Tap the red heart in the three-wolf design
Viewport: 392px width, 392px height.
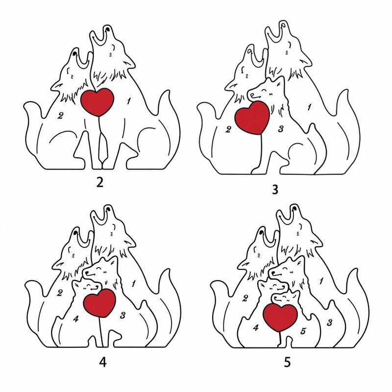coord(252,117)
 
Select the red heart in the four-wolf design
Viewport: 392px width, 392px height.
coord(99,303)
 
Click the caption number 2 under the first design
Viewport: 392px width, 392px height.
coord(100,183)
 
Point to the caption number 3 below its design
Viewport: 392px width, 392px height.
coord(275,190)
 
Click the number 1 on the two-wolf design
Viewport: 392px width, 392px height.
coord(128,101)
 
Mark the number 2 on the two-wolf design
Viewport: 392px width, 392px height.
coord(60,116)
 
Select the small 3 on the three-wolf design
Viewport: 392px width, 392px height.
coord(281,129)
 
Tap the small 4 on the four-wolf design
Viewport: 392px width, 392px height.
coord(76,319)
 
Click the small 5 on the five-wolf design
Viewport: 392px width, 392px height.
coord(303,331)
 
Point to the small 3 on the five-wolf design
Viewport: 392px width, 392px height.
coord(330,322)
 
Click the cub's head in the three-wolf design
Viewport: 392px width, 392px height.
coord(266,90)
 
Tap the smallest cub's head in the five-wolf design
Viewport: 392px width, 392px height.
coord(286,298)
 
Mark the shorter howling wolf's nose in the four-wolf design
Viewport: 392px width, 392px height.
coord(75,232)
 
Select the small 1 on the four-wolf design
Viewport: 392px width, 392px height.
coord(134,284)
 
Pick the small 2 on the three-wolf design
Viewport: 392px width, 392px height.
coord(228,129)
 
